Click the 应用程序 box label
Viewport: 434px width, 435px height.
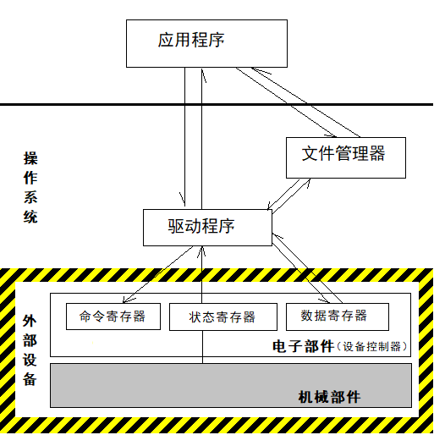point(191,40)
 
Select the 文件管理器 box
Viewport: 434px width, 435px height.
point(346,157)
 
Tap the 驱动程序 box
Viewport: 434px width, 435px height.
point(207,228)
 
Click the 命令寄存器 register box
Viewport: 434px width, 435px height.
point(113,317)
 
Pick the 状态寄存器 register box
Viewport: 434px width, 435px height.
point(223,317)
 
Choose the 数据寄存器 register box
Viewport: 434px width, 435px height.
point(338,317)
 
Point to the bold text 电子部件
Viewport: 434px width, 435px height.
point(303,346)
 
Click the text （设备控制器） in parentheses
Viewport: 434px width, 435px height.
point(371,346)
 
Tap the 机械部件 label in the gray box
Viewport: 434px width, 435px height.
point(329,397)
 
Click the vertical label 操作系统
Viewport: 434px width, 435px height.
point(30,188)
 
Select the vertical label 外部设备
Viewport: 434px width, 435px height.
point(30,350)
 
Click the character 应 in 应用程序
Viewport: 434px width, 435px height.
point(166,40)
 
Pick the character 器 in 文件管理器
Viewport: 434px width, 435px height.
point(377,153)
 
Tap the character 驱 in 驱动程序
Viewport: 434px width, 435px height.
point(176,226)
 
